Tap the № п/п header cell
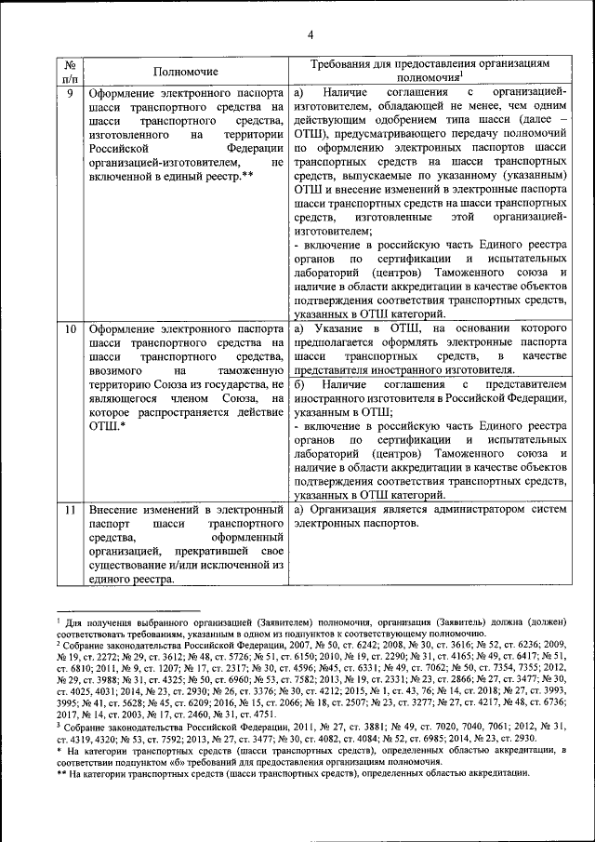point(68,71)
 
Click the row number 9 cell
point(68,94)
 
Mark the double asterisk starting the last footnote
point(59,772)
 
